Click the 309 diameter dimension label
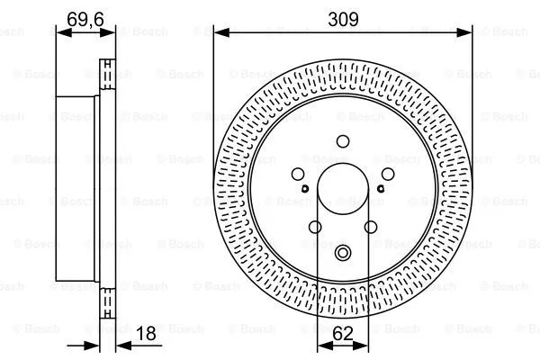click(343, 17)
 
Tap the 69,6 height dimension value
click(85, 17)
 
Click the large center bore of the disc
click(343, 190)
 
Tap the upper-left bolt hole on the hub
click(299, 175)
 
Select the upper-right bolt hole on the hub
click(387, 175)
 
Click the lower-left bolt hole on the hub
click(315, 227)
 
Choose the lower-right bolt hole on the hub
click(370, 227)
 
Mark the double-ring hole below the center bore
click(343, 256)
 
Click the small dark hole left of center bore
click(306, 188)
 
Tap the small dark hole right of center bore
click(380, 188)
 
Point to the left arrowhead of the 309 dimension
click(219, 31)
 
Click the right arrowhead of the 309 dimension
click(467, 31)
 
